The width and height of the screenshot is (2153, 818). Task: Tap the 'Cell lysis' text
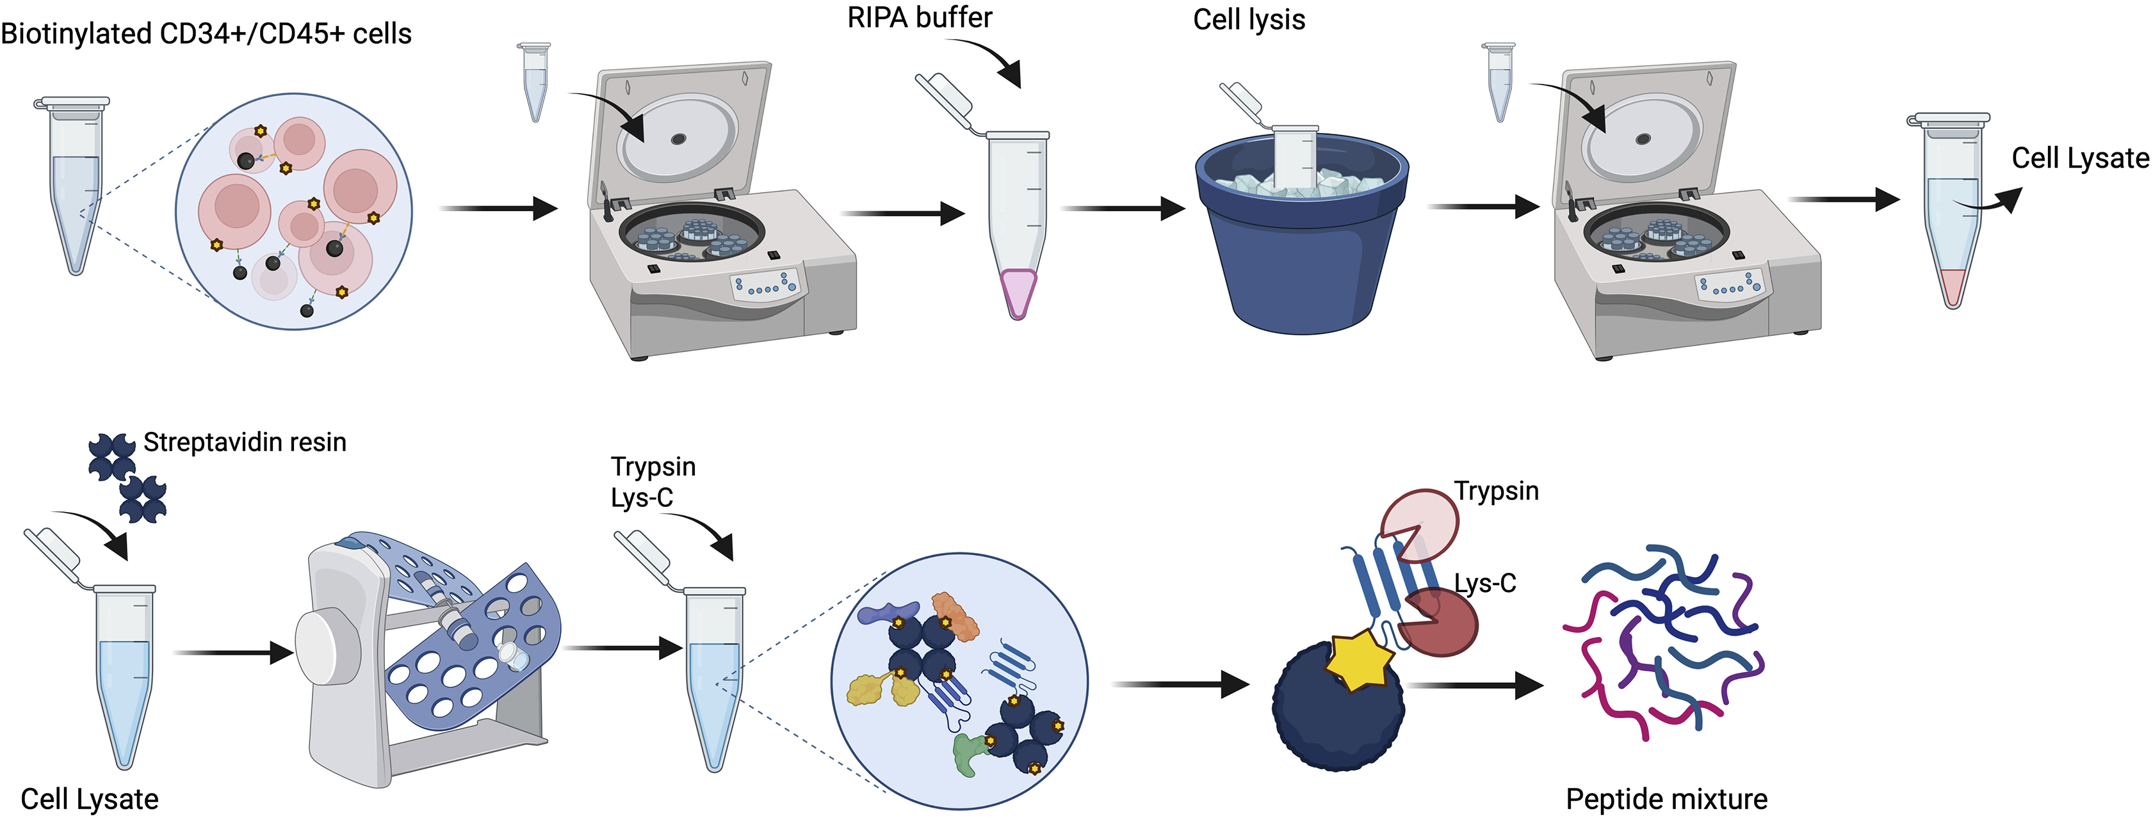click(x=1249, y=19)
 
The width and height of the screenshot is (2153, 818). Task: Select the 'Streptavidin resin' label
click(x=244, y=442)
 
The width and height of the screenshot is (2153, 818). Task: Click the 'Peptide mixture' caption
click(x=1666, y=799)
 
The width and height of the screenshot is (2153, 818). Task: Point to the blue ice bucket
click(x=1301, y=251)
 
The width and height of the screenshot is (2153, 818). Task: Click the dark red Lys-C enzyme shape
click(x=1439, y=623)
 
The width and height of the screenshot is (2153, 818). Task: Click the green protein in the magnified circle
click(x=969, y=752)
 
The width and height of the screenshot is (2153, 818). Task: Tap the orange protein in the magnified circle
click(x=954, y=616)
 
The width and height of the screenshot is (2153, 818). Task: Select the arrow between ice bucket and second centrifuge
click(x=1484, y=206)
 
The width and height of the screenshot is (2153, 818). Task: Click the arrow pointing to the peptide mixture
click(x=1475, y=686)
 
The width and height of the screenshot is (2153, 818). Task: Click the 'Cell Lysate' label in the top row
click(x=2079, y=158)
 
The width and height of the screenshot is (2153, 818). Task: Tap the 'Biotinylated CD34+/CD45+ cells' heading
click(x=206, y=33)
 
